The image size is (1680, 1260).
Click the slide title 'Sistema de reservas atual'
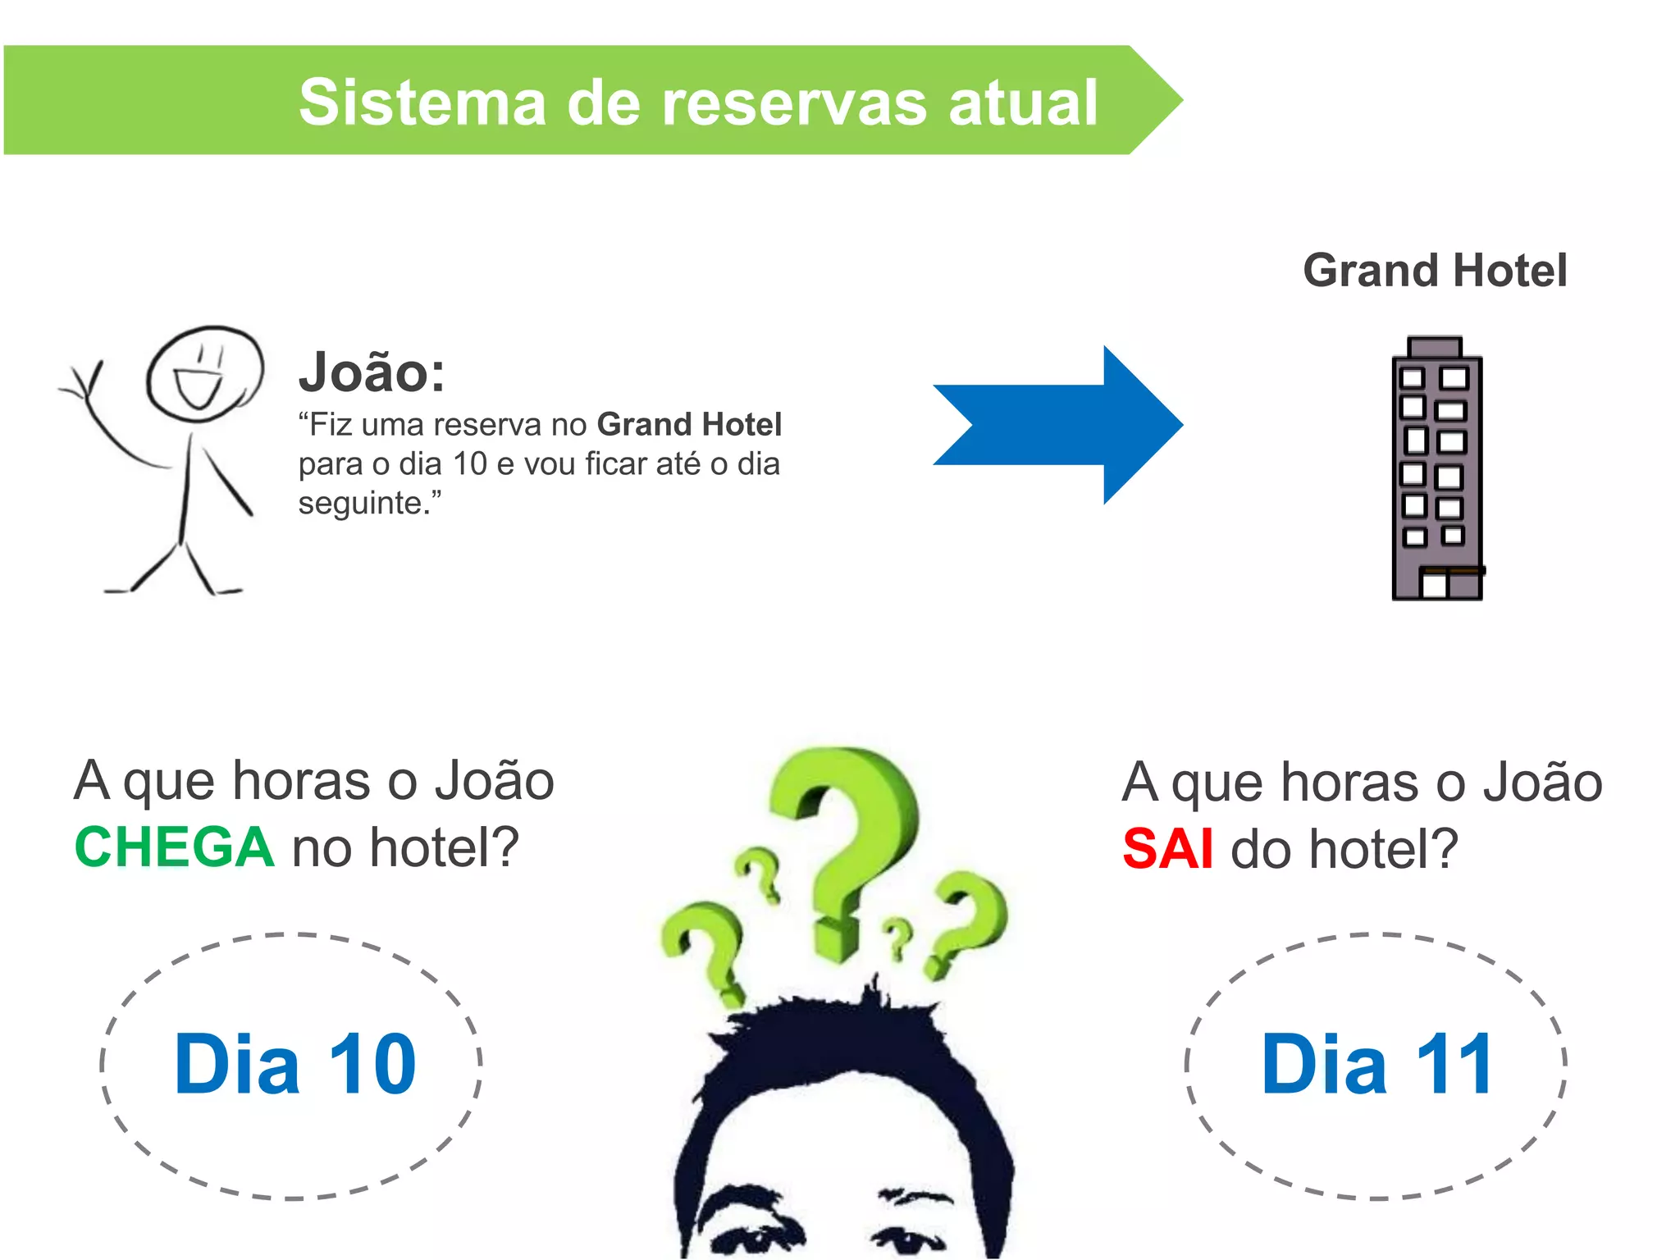click(x=697, y=102)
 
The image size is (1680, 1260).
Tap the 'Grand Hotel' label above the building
click(x=1435, y=271)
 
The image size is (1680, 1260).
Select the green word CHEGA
click(x=174, y=847)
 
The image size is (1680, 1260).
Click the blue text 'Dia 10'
click(x=294, y=1065)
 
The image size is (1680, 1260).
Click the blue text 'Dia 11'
click(x=1377, y=1065)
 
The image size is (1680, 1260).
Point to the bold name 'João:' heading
click(x=372, y=372)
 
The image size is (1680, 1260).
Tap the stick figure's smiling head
click(x=204, y=373)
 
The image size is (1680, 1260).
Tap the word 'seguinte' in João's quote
click(x=359, y=503)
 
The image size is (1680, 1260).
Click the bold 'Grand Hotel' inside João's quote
click(x=689, y=425)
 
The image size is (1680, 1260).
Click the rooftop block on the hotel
click(x=1434, y=347)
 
